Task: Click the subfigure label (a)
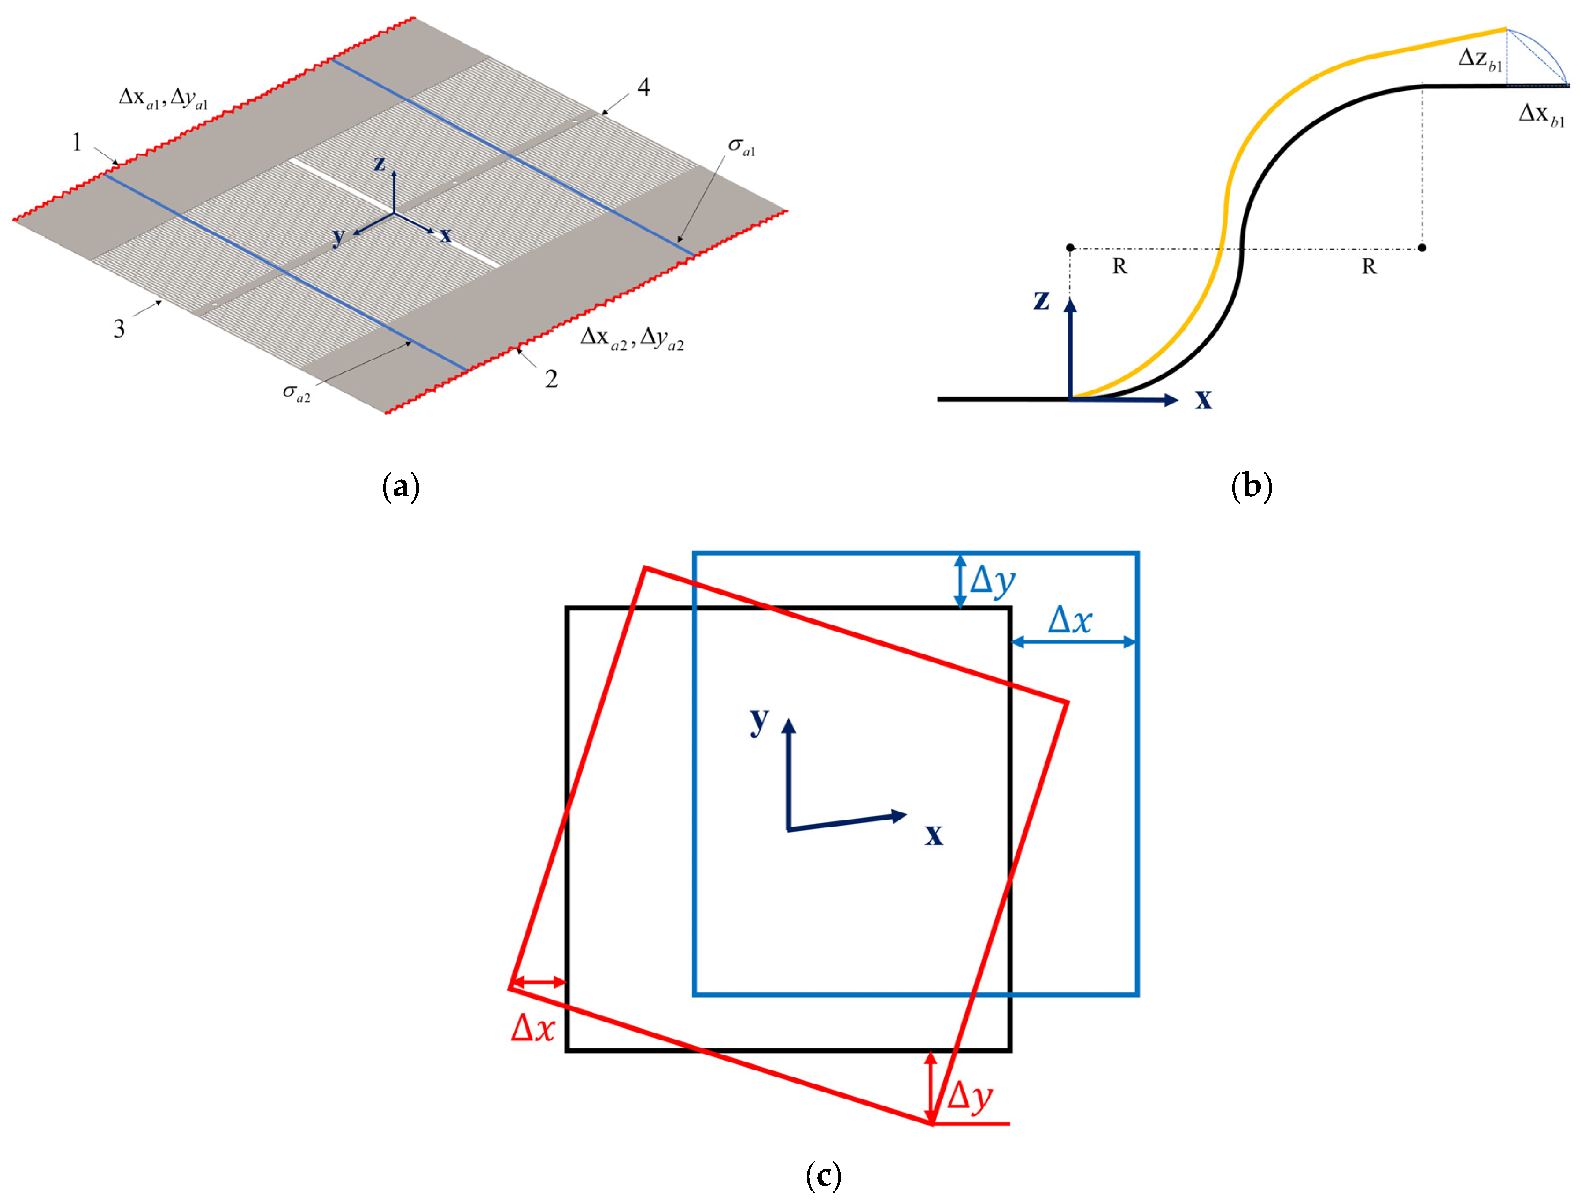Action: click(401, 486)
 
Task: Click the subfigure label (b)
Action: click(1252, 486)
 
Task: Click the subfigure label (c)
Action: click(823, 1176)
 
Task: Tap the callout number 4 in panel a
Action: click(643, 87)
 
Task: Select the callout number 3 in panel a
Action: click(119, 328)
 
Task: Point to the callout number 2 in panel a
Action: click(551, 379)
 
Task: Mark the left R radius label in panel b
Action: click(1119, 267)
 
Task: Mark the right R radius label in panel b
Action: click(1368, 267)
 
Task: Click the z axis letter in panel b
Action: click(1042, 300)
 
